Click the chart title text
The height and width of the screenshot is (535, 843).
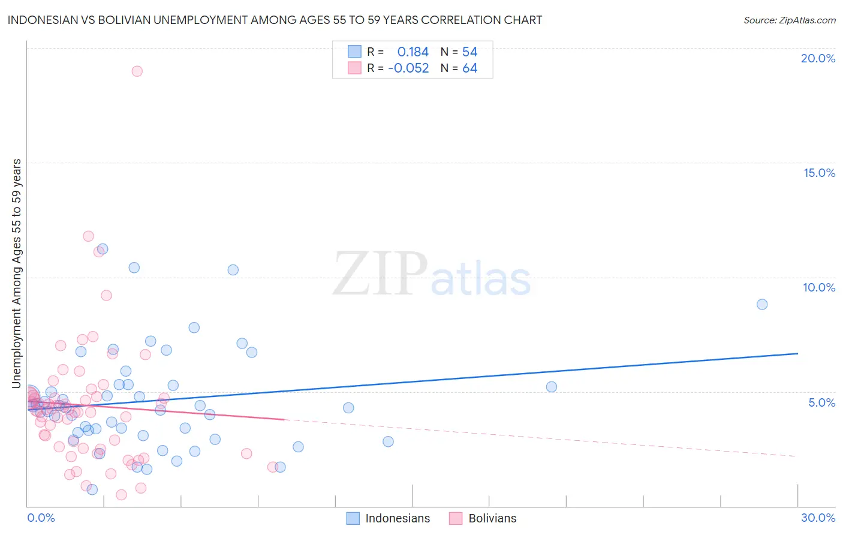(x=275, y=20)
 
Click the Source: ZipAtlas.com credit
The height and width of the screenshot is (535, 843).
(x=789, y=20)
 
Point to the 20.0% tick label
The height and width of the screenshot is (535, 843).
(x=818, y=58)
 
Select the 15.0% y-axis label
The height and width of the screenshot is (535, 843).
(x=819, y=173)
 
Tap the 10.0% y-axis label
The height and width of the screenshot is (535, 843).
(x=819, y=287)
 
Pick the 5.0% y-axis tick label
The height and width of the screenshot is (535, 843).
(x=821, y=402)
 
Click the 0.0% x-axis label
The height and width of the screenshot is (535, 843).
(x=41, y=518)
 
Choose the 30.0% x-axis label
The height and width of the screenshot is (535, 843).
(x=818, y=518)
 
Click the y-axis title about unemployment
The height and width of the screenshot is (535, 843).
(x=17, y=273)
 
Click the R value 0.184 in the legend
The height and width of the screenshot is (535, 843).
(x=413, y=52)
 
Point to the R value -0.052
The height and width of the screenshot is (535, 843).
(x=408, y=68)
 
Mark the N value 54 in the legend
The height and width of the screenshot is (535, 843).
(x=469, y=52)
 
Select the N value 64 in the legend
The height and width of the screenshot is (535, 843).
(x=469, y=68)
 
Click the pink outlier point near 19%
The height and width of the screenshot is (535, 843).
(x=137, y=71)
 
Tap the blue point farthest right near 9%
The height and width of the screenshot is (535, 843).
(x=762, y=304)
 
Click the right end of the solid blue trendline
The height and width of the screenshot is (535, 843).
(x=797, y=354)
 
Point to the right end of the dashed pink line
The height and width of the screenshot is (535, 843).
(x=796, y=456)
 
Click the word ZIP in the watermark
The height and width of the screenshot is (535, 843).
(x=380, y=275)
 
